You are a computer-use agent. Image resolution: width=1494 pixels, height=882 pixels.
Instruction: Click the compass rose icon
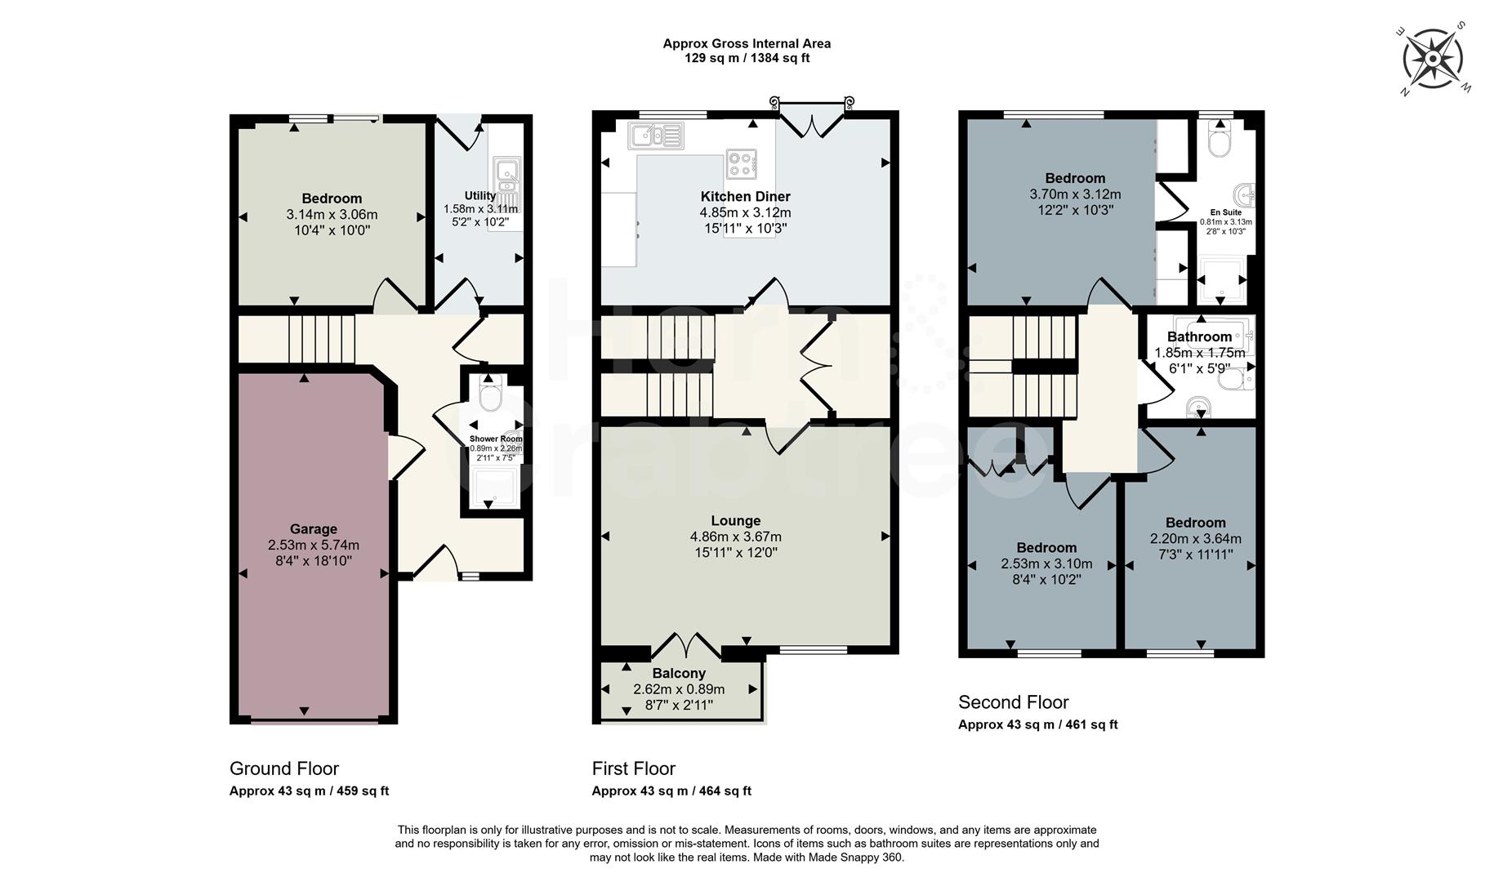click(1432, 59)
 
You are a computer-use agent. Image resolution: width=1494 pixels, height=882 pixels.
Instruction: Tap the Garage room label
click(313, 528)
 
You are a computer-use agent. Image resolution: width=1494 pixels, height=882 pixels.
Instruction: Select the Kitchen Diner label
click(745, 196)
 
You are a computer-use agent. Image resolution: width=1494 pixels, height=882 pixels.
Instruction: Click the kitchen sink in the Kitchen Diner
click(656, 136)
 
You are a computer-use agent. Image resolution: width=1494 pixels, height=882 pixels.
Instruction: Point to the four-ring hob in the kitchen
click(741, 164)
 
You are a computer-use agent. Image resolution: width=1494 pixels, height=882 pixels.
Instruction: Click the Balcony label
click(679, 673)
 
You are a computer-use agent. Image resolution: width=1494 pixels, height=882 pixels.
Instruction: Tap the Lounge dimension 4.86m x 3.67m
click(735, 537)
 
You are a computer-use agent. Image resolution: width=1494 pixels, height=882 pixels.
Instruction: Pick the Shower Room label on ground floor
click(496, 439)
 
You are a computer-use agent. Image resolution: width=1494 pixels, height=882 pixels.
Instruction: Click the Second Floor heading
click(1013, 702)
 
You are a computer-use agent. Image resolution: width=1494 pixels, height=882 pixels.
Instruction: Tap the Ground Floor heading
click(283, 768)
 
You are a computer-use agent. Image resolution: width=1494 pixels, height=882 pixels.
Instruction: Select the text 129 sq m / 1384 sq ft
click(747, 58)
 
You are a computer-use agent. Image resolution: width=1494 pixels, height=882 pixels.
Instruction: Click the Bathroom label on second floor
click(1198, 336)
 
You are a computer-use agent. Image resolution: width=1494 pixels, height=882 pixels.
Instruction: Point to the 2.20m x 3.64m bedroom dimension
click(1195, 538)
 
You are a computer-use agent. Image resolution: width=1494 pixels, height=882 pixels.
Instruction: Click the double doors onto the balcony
click(686, 646)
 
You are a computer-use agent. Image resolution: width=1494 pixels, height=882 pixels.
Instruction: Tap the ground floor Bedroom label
click(332, 198)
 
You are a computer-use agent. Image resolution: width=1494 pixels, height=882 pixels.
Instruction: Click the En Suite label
click(1225, 212)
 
